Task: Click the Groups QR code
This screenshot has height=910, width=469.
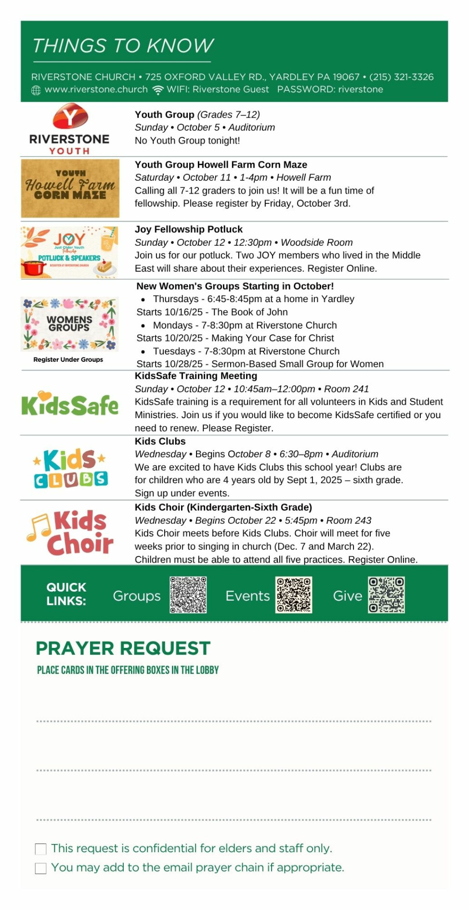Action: (188, 595)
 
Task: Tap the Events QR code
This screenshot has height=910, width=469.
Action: (294, 595)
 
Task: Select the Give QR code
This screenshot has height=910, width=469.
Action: (386, 595)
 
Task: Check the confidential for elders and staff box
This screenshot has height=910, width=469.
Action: (41, 849)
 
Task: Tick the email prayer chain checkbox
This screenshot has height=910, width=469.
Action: (41, 868)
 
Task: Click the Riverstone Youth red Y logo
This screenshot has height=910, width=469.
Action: (70, 117)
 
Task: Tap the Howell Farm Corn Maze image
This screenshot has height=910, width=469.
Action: (70, 188)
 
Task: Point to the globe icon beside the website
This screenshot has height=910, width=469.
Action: (36, 90)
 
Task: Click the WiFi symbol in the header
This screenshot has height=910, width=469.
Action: (158, 90)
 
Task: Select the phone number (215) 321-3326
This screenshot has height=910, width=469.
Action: (401, 77)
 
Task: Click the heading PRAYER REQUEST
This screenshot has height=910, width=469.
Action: (123, 648)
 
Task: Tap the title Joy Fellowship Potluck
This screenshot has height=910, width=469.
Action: (188, 229)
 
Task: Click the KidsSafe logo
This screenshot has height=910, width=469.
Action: (70, 404)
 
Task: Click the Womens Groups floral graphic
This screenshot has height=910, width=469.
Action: (70, 324)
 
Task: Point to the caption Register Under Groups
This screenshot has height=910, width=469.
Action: (68, 359)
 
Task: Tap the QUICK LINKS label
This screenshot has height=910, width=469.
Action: (66, 594)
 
